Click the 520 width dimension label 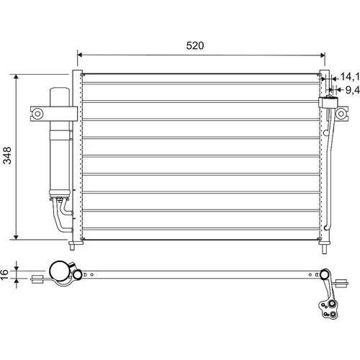195,45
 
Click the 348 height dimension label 7,156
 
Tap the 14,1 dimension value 350,76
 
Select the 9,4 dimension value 353,90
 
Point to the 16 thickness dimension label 4,274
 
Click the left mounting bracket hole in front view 37,114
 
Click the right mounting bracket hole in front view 341,114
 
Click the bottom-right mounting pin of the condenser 324,248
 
